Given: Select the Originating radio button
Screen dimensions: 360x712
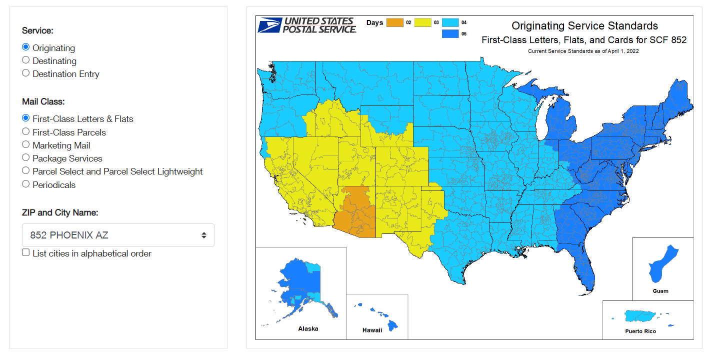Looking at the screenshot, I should click(26, 47).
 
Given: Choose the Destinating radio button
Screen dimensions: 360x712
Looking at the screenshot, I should click(26, 60).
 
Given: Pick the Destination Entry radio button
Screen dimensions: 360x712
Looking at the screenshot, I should click(26, 73).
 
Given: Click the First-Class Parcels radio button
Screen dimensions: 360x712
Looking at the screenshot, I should click(26, 131).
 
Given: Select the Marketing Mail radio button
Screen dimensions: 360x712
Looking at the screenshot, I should click(26, 144).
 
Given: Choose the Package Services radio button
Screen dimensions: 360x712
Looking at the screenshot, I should click(26, 157).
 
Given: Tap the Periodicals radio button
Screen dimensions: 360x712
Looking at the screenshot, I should click(26, 184).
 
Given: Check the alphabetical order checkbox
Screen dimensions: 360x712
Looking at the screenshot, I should click(26, 252).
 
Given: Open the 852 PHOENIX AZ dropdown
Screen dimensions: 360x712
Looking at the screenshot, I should click(118, 235).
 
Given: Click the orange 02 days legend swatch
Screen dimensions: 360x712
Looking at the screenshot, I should click(395, 22).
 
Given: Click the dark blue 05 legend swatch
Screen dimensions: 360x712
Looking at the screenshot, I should click(450, 34).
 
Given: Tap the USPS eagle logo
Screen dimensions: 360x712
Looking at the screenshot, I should click(269, 25).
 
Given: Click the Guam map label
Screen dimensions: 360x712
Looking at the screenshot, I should click(660, 291).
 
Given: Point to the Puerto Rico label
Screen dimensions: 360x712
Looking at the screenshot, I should click(640, 331).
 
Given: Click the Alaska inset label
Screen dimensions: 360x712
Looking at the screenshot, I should click(308, 329).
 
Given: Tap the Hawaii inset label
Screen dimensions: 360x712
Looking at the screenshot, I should click(372, 330).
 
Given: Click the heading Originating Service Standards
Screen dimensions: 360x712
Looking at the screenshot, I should click(584, 26).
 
